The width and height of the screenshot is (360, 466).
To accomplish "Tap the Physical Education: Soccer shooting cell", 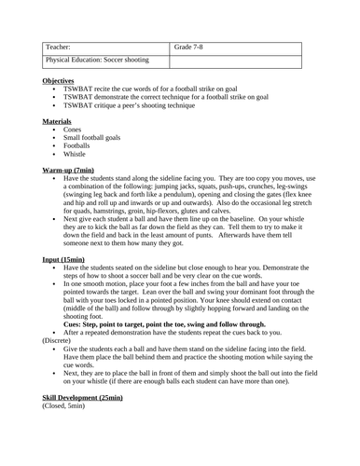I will (x=97, y=60).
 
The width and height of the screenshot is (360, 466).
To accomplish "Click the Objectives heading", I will (x=61, y=81).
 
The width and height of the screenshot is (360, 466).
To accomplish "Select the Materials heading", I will (x=59, y=122).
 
